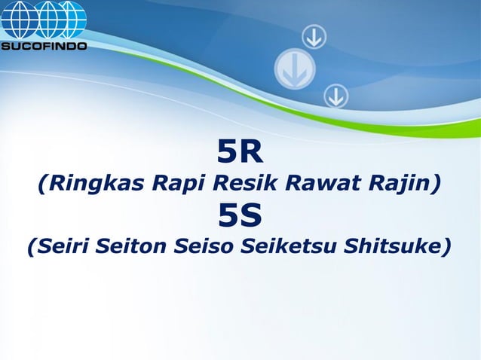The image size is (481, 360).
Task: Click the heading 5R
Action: (240, 153)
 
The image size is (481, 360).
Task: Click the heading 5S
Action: (240, 216)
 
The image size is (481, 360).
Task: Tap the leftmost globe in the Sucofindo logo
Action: (17, 19)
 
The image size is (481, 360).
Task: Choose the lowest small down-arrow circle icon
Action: (335, 96)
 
